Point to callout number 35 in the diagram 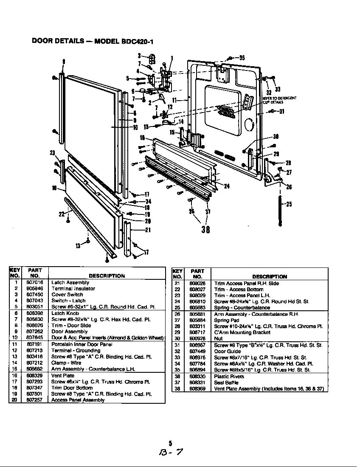click(x=242, y=58)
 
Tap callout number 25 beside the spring click(x=289, y=204)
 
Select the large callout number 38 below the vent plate click(x=205, y=230)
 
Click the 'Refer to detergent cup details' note click(x=279, y=100)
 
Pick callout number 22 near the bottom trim click(x=61, y=214)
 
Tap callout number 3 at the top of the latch click(x=139, y=56)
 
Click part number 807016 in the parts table click(x=34, y=282)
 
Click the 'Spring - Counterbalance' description click(x=242, y=307)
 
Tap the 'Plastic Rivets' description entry click(x=229, y=377)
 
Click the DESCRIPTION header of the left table click(x=107, y=276)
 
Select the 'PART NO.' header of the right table click(x=197, y=273)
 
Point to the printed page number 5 click(x=170, y=443)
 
